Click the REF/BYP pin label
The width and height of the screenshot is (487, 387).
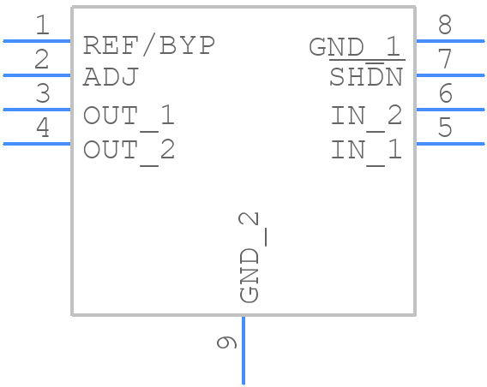148,45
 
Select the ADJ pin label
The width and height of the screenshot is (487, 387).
111,78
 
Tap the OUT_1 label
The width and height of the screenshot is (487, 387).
129,115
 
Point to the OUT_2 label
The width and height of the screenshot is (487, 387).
129,150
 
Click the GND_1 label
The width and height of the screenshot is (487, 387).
355,46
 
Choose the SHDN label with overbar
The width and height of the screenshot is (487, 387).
366,78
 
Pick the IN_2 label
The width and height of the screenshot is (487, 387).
366,115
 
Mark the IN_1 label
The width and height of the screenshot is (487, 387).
366,150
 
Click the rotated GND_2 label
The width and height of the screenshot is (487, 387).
249,257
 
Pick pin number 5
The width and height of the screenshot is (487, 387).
444,128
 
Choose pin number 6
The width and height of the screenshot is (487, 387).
444,94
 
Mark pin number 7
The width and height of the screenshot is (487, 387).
444,60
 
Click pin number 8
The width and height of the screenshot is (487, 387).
444,26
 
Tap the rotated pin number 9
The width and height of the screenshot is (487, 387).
226,342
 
